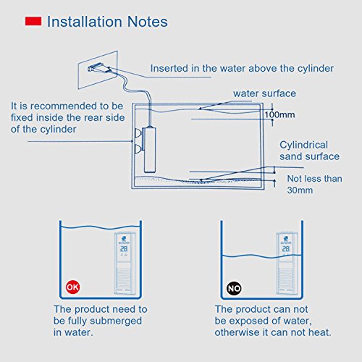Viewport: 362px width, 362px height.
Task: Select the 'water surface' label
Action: tap(266, 93)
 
